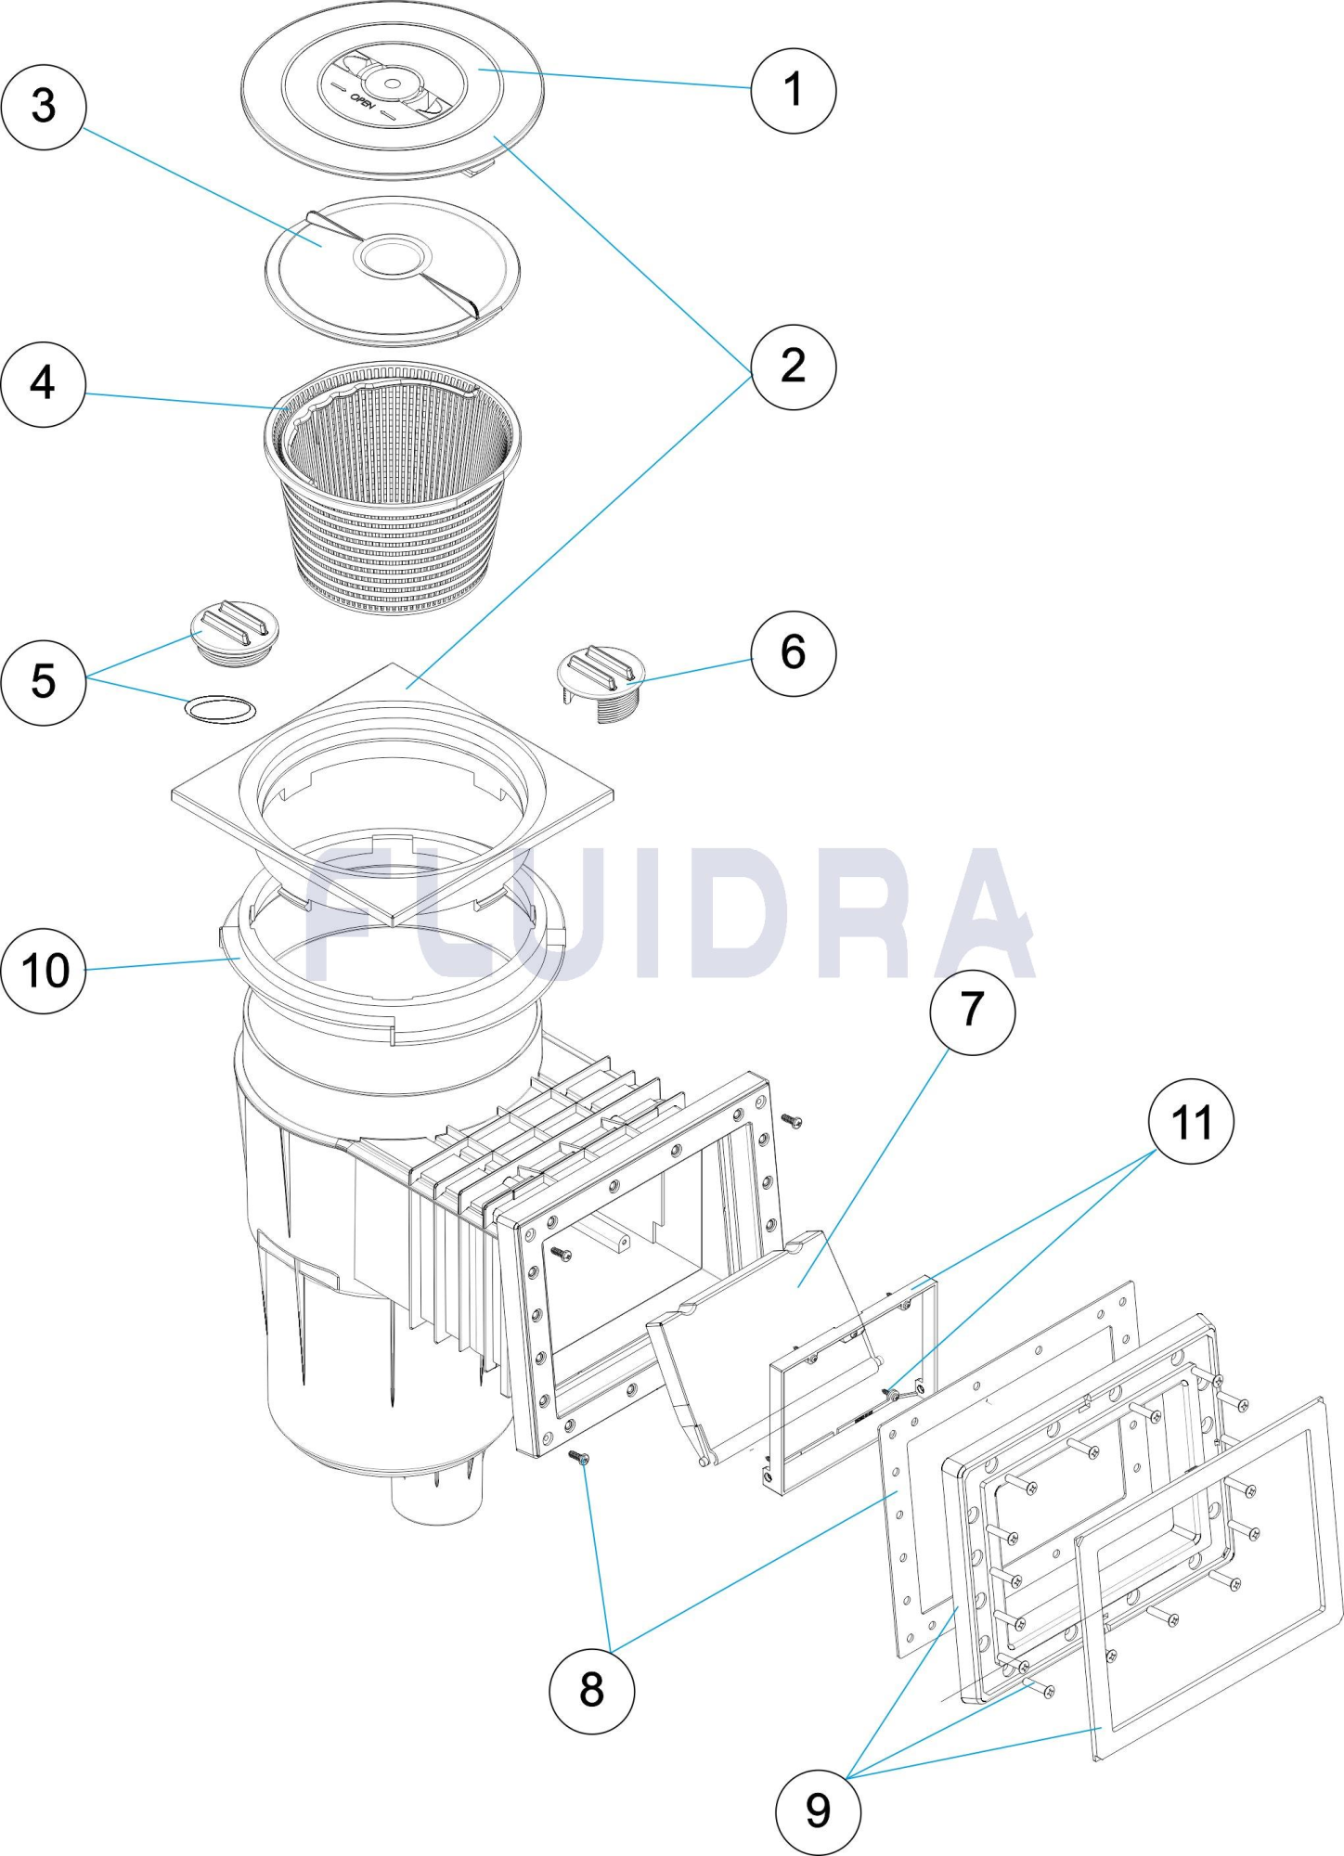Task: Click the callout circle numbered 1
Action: click(793, 90)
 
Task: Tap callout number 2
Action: click(793, 367)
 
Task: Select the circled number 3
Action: click(44, 107)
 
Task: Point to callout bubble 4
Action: click(44, 383)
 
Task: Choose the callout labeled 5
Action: click(44, 681)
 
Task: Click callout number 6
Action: click(793, 652)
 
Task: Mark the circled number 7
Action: click(972, 1011)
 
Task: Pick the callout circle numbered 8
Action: click(591, 1690)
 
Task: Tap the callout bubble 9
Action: click(818, 1811)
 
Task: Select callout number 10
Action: click(44, 970)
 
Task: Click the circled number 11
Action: click(1192, 1122)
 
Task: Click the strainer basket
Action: click(392, 487)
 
